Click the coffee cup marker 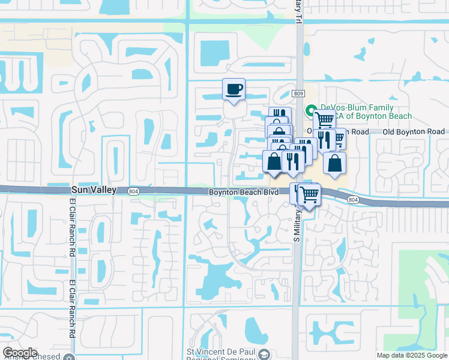pyautogui.click(x=234, y=90)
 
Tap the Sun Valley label pyautogui.click(x=98, y=190)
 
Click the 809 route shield pyautogui.click(x=298, y=94)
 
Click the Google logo pyautogui.click(x=20, y=353)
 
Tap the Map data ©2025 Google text pyautogui.click(x=412, y=355)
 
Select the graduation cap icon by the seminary pyautogui.click(x=263, y=356)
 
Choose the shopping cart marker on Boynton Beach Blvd pyautogui.click(x=309, y=194)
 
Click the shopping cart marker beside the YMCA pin pyautogui.click(x=325, y=119)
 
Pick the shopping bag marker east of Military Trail pyautogui.click(x=334, y=163)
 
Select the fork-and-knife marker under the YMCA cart pyautogui.click(x=324, y=140)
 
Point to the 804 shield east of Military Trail pyautogui.click(x=353, y=200)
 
